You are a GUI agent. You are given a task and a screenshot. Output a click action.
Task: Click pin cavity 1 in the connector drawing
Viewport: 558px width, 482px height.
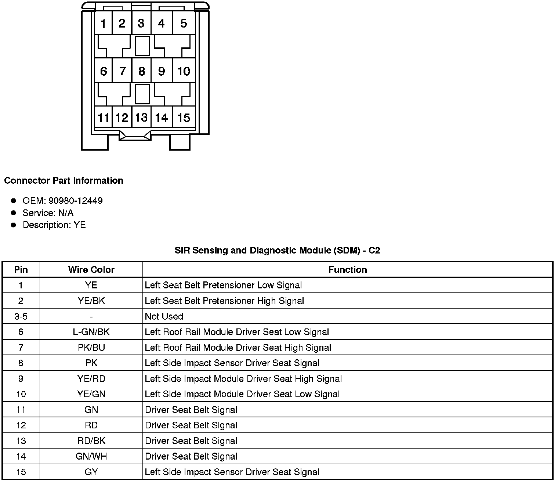[x=103, y=24]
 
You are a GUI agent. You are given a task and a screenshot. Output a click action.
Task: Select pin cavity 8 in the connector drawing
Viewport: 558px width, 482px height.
[x=141, y=71]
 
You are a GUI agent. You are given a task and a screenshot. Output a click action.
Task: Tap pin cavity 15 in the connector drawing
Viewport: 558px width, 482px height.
[x=183, y=118]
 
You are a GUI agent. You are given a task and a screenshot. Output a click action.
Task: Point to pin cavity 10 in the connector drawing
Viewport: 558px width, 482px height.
[x=183, y=71]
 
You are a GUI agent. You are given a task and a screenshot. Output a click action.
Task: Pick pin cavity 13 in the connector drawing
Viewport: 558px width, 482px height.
[x=141, y=118]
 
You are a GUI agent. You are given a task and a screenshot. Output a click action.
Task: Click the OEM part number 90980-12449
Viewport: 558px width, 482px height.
[x=75, y=201]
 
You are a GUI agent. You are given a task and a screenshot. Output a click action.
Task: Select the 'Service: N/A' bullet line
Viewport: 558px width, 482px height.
[x=48, y=213]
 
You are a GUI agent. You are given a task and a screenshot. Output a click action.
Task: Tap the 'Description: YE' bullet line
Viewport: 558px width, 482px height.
[x=54, y=225]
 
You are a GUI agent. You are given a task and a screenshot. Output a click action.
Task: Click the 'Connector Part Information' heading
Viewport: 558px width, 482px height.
[x=64, y=181]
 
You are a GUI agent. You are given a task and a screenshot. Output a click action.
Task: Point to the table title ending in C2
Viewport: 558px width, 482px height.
[x=277, y=251]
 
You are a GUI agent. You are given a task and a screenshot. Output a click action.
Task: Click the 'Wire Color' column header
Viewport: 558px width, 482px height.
[x=91, y=270]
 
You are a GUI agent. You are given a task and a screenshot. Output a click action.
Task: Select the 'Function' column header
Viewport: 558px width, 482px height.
[x=347, y=270]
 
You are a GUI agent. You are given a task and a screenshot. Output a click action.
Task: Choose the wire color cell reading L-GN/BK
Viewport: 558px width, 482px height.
[x=91, y=332]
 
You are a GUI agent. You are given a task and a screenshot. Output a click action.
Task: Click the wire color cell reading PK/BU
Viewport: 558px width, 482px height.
[x=91, y=348]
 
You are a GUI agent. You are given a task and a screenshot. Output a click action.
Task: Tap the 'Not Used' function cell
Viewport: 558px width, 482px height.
[x=164, y=316]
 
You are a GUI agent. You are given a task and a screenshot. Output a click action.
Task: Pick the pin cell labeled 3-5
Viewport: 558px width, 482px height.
[x=21, y=316]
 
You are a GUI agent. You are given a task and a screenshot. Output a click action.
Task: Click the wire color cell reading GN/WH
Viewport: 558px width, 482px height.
[x=91, y=456]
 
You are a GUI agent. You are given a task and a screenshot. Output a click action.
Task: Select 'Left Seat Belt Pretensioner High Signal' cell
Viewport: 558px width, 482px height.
[x=224, y=301]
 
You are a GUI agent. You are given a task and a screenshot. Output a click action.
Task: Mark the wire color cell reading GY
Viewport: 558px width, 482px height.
[x=91, y=472]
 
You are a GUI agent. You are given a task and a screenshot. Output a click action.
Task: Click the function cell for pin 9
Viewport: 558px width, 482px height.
[x=243, y=379]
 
